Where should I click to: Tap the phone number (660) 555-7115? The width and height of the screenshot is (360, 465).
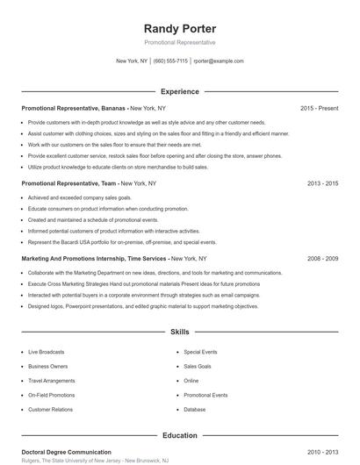coord(170,61)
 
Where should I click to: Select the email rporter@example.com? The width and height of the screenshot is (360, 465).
coord(219,61)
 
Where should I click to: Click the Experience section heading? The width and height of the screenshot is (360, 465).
coord(180,91)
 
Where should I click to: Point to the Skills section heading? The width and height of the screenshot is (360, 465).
coord(180,333)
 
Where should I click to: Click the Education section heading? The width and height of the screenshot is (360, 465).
coord(180,435)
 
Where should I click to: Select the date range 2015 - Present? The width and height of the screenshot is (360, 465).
coord(319,109)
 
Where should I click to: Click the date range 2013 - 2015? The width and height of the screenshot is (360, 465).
coord(322,184)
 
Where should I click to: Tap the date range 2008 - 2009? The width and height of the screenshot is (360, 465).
coord(322,259)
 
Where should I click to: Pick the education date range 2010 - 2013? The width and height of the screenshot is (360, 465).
coord(322,452)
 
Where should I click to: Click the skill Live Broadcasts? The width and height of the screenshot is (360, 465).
coord(49,352)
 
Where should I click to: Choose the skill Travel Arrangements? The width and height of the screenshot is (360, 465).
coord(53,381)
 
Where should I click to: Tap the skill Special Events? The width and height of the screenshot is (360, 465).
coord(200,352)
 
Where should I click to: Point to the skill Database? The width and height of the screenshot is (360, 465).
coord(195,410)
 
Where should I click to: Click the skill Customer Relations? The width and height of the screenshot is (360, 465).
coord(51,410)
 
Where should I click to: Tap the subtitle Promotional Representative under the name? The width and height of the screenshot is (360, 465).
coord(179,42)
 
